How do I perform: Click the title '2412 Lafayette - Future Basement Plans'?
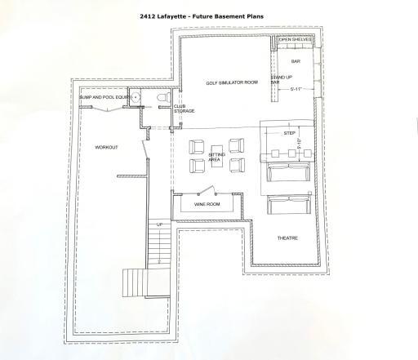[x=209, y=14]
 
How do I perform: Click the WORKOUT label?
[x=106, y=148]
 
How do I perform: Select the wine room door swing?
[x=209, y=191]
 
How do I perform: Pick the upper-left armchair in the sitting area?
[x=197, y=147]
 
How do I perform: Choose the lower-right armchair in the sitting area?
[x=236, y=165]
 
